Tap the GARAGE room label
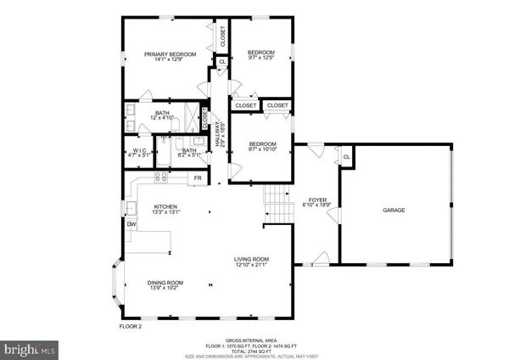point(394,210)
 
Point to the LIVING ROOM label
point(252,259)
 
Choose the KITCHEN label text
point(165,206)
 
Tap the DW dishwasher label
point(131,224)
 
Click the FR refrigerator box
point(197,177)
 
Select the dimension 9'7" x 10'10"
point(263,149)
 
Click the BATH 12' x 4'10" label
point(162,115)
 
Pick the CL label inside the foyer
point(346,156)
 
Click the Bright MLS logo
point(31,347)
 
